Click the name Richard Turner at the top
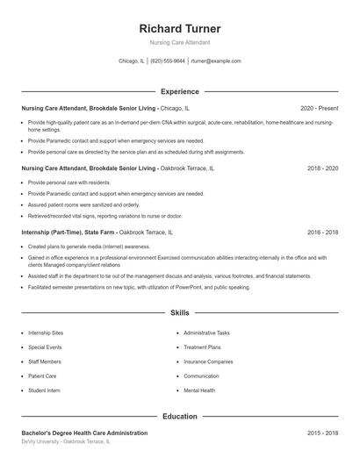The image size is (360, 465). click(180, 28)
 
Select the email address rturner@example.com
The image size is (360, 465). click(215, 61)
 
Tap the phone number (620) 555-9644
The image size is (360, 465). click(168, 61)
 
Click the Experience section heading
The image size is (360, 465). click(180, 91)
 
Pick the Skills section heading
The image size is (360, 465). click(180, 312)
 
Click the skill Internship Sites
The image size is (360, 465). click(46, 333)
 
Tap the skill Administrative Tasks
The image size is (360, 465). click(207, 333)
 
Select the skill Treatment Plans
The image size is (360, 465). click(202, 347)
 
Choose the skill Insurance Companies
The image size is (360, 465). click(208, 361)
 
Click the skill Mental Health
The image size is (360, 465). click(199, 390)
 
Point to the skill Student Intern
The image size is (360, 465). click(44, 390)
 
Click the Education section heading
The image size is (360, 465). click(180, 416)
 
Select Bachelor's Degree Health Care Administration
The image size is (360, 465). click(84, 433)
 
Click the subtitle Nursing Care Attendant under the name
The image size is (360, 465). click(180, 42)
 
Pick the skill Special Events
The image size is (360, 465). click(46, 347)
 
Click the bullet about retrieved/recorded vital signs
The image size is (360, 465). click(105, 215)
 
